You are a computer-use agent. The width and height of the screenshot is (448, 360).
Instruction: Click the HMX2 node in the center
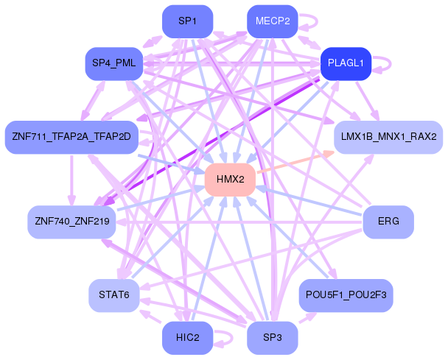pos(230,180)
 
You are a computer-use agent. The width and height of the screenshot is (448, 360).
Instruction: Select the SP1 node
pos(187,21)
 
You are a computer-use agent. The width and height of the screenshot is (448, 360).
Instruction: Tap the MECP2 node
pos(273,21)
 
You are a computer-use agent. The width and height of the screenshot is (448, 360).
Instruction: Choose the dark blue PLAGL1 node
pos(346,63)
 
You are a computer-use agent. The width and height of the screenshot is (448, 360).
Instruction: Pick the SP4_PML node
pos(114,63)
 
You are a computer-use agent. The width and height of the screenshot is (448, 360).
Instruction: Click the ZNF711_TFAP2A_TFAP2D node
pos(71,138)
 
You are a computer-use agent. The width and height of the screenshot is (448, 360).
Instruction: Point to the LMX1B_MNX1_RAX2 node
pos(388,138)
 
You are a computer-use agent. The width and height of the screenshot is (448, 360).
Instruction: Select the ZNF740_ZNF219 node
pos(71,222)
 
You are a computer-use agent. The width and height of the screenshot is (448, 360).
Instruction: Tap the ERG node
pos(388,222)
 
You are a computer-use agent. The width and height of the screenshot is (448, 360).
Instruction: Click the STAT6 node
pos(114,295)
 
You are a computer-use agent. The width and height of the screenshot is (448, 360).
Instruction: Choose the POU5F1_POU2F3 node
pos(346,295)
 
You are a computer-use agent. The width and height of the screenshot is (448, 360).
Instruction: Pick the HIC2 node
pos(187,338)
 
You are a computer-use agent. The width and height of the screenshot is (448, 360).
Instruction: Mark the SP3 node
pos(273,338)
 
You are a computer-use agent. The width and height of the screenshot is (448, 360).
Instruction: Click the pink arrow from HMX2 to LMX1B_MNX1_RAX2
pos(295,162)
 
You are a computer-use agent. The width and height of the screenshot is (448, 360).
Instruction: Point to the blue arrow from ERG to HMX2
pos(309,201)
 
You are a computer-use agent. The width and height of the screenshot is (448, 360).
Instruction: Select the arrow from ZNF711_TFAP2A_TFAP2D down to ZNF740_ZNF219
pos(71,180)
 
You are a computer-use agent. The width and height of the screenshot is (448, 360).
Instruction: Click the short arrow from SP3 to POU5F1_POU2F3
pos(308,318)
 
